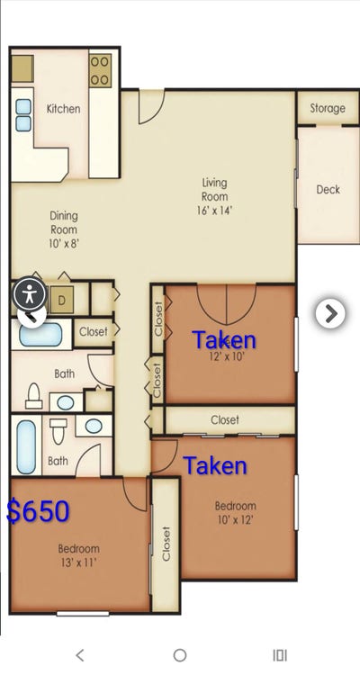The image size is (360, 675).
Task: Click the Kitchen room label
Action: [63, 109]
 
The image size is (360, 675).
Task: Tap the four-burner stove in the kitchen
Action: [100, 71]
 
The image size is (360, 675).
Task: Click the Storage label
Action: [328, 108]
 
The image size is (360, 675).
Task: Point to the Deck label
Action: [328, 190]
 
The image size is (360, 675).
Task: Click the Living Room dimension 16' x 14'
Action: [214, 211]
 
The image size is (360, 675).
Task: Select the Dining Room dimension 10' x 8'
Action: [64, 243]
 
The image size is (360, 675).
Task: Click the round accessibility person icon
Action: [31, 293]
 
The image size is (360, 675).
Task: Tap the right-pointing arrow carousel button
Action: [330, 312]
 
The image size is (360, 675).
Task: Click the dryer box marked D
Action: [62, 299]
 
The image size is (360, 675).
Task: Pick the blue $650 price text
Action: [38, 511]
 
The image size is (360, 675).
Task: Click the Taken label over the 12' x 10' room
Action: [224, 340]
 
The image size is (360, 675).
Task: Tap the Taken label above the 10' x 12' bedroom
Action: [215, 465]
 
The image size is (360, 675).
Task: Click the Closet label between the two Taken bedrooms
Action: [225, 419]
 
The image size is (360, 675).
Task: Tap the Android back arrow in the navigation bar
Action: [80, 655]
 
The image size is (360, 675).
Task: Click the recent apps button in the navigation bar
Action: [279, 655]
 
